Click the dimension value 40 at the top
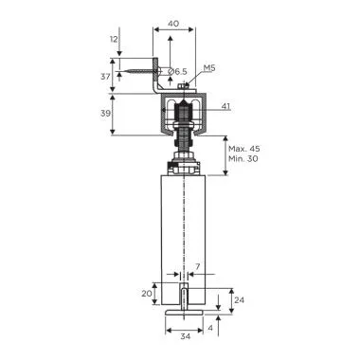[173, 24]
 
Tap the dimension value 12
[114, 39]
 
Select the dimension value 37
[105, 76]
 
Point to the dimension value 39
[105, 113]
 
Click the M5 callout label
[209, 67]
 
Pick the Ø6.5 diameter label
[177, 72]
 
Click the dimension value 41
[225, 106]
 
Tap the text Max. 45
[244, 149]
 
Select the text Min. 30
[243, 158]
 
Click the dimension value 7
[197, 267]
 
